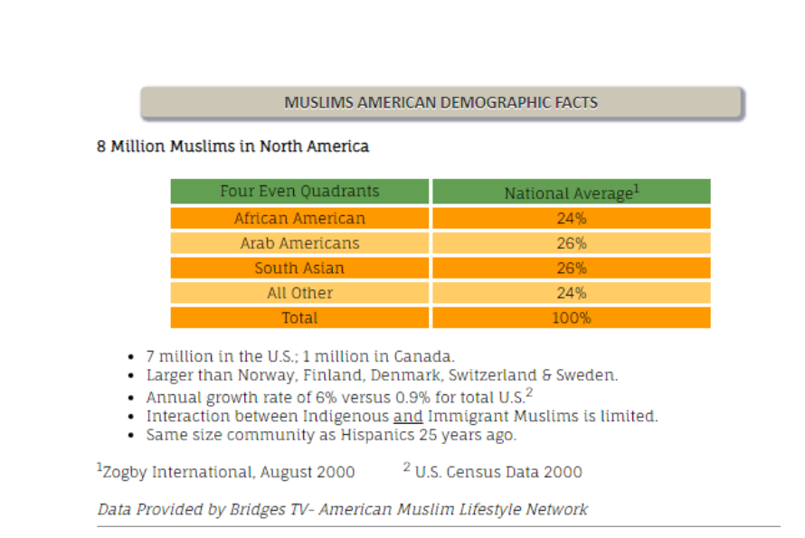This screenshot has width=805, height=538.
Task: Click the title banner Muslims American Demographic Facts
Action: (441, 102)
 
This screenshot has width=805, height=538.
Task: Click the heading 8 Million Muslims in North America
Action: (232, 146)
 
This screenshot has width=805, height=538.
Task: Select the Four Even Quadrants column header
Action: (299, 192)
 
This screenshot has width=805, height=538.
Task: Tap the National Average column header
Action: (571, 193)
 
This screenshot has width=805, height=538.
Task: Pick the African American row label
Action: (299, 218)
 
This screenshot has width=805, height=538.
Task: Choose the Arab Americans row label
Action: (299, 243)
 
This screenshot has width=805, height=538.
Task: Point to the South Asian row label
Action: (299, 268)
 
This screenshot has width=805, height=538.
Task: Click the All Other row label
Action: (299, 293)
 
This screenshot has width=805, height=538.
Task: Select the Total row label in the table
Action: (299, 317)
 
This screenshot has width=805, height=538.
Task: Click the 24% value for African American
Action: (571, 218)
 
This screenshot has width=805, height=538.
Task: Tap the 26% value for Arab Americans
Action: (571, 243)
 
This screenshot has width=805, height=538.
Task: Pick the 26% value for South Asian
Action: (571, 268)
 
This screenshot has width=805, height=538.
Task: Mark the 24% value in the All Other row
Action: (571, 293)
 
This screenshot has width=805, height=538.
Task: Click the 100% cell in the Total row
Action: (571, 317)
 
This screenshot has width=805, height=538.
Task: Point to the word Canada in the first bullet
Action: (425, 356)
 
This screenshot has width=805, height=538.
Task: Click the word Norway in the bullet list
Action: (264, 375)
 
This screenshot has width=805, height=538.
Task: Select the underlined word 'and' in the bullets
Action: (408, 416)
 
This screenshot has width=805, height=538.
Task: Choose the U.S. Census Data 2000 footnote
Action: (494, 471)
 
